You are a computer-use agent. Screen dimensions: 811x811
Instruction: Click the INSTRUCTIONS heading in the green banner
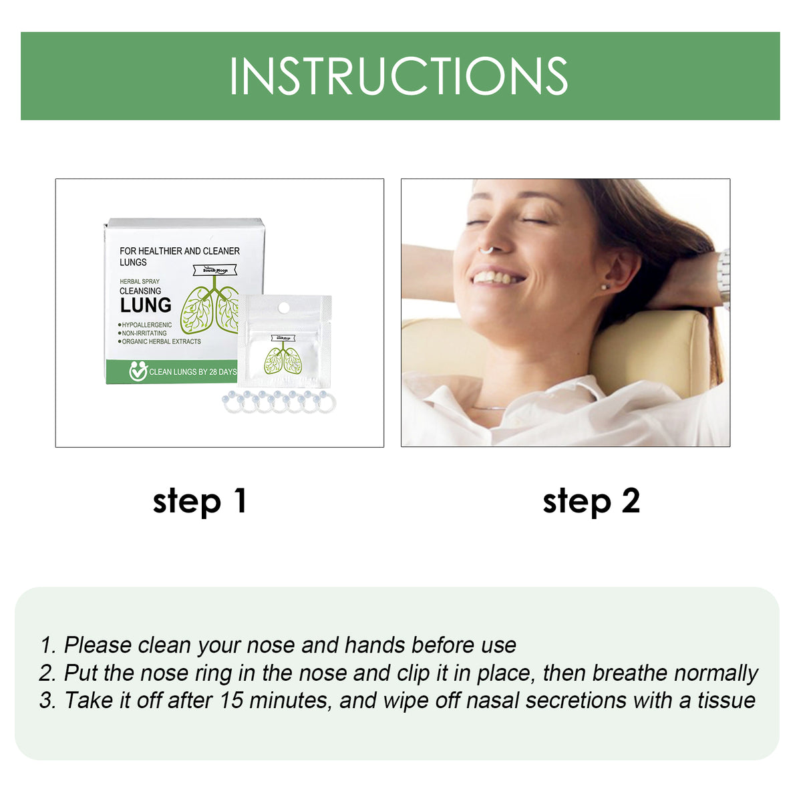click(399, 76)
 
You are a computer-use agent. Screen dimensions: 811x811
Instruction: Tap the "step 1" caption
click(200, 501)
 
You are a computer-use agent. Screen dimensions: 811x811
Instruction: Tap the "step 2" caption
click(591, 501)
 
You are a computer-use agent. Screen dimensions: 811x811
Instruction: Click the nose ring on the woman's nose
click(486, 251)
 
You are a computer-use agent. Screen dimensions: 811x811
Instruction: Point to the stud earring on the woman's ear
click(605, 287)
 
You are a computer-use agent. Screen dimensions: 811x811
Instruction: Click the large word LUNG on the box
click(146, 305)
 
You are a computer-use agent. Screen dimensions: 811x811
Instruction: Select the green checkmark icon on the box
click(138, 371)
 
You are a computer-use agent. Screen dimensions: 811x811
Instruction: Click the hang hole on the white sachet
click(283, 307)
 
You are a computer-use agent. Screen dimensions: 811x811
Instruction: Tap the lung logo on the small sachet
click(283, 360)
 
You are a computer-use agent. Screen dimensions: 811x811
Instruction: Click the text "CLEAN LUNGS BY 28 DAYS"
click(192, 372)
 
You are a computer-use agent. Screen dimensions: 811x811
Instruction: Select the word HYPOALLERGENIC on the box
click(147, 325)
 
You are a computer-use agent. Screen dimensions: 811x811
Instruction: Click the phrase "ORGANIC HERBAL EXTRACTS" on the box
click(161, 341)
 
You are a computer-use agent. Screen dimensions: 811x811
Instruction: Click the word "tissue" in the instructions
click(726, 700)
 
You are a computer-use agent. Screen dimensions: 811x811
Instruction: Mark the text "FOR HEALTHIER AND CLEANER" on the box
click(179, 251)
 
